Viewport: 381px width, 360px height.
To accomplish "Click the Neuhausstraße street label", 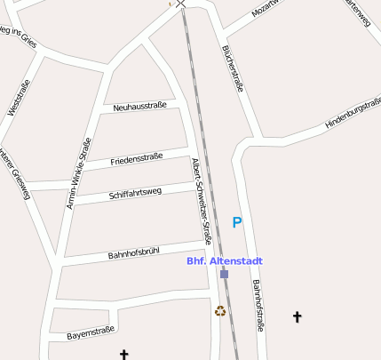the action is click(140, 107).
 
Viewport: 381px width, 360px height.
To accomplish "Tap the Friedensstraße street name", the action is click(137, 160).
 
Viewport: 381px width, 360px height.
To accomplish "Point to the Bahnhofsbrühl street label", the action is click(133, 253).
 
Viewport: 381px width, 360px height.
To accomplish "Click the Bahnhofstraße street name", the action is click(258, 305).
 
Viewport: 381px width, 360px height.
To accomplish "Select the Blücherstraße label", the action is click(234, 67).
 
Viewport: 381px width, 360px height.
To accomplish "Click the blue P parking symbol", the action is click(236, 222).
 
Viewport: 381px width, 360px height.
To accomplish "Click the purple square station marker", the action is click(224, 274).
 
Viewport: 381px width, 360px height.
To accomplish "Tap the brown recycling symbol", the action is click(219, 311).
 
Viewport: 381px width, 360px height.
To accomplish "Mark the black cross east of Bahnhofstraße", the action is click(297, 316).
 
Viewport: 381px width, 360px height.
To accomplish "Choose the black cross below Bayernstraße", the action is click(123, 355).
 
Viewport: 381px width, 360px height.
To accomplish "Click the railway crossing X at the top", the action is click(181, 4).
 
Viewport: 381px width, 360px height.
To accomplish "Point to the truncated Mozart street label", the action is click(266, 8).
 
